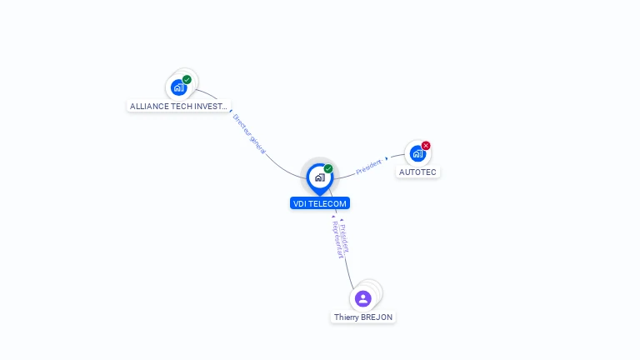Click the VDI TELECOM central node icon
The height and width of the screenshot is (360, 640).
tap(319, 177)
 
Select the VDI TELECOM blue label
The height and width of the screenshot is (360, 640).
tap(320, 203)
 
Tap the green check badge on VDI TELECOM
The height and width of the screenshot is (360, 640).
tap(328, 168)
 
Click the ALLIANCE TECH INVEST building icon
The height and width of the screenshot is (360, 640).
tap(178, 87)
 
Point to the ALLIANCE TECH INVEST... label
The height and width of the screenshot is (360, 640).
tap(178, 107)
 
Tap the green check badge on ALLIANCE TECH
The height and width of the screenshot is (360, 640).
tap(187, 80)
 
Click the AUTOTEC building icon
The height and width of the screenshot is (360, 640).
tap(417, 153)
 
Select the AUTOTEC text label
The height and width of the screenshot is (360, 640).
tap(417, 172)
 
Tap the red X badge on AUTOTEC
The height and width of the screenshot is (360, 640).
tap(426, 146)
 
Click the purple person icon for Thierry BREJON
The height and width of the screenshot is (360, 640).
tap(362, 298)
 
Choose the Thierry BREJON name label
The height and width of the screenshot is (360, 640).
tap(363, 317)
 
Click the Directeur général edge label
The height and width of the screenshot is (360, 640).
tap(249, 134)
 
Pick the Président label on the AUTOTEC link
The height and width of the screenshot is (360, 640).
tap(368, 167)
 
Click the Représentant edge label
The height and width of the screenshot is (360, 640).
tap(337, 240)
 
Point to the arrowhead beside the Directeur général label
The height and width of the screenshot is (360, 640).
tap(231, 111)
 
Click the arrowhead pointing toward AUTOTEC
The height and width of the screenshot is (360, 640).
tap(387, 157)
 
